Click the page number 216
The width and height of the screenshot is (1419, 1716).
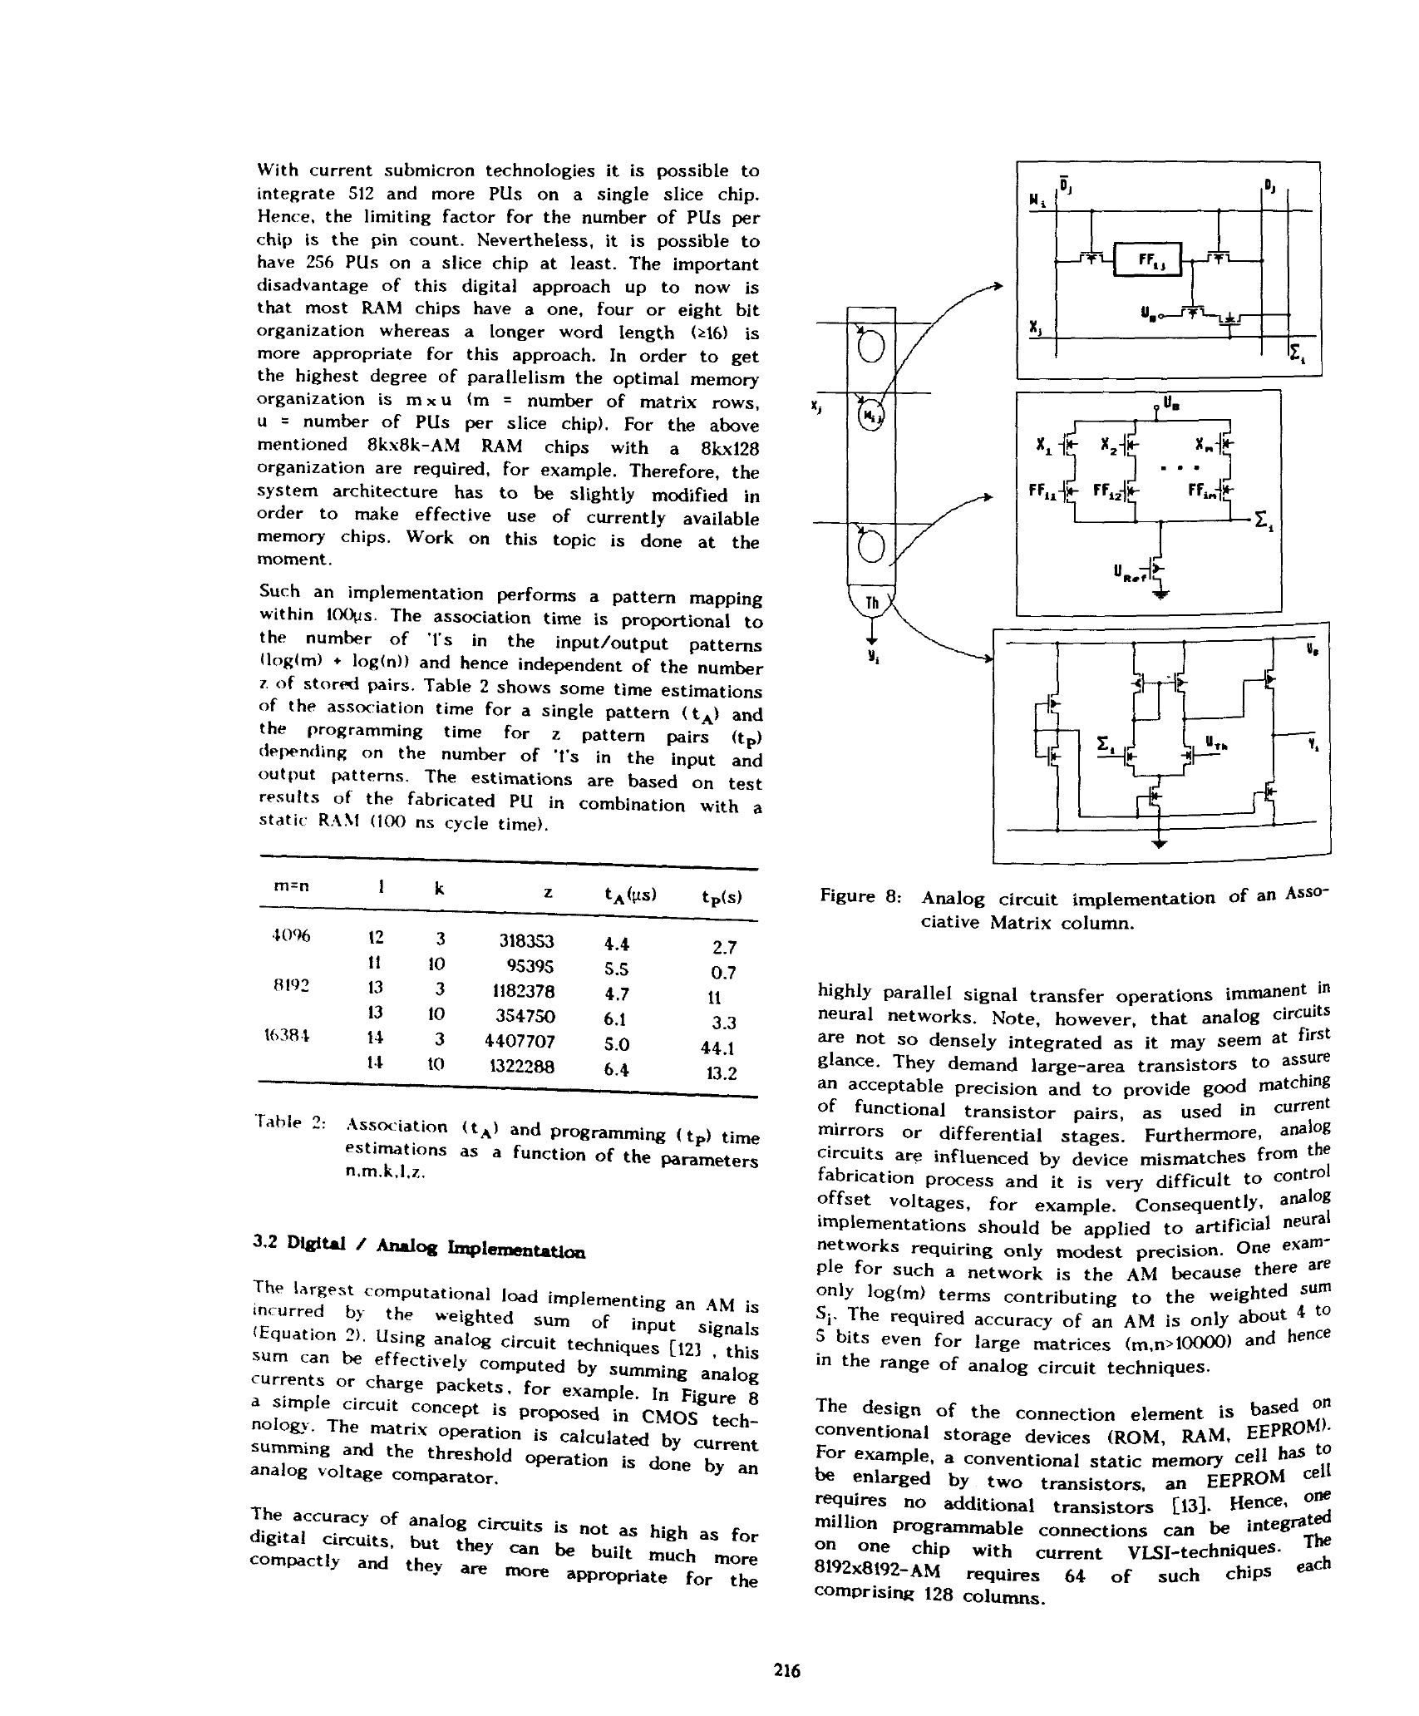click(x=786, y=1669)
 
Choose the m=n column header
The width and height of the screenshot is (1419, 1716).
click(x=291, y=886)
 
